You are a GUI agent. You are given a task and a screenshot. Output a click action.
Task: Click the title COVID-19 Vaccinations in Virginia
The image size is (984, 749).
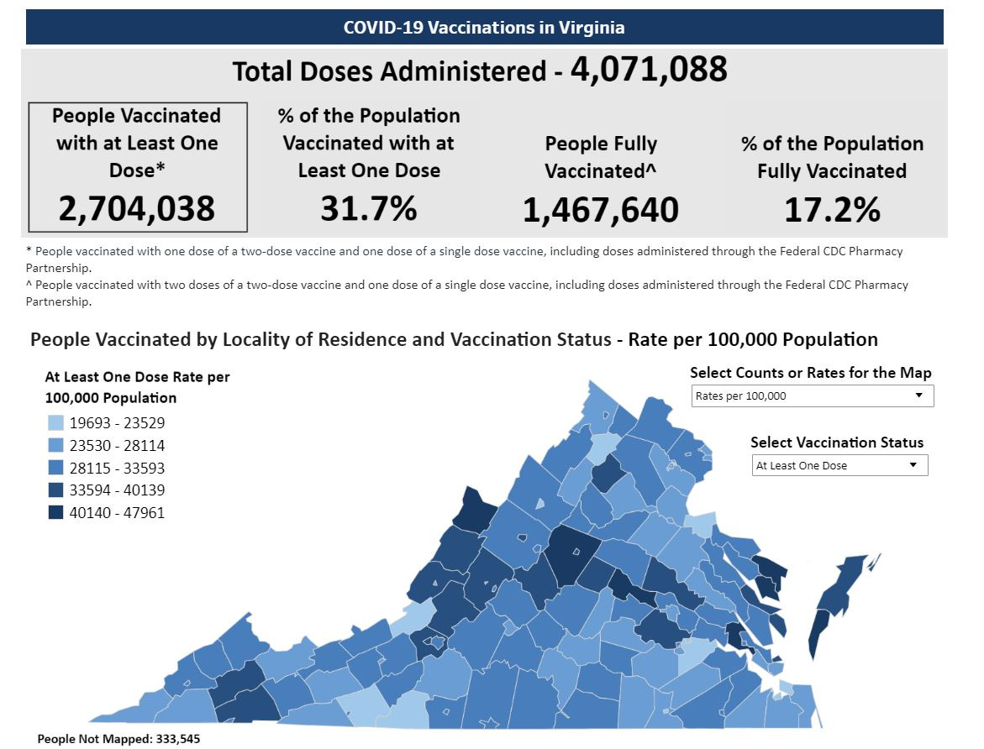tap(484, 28)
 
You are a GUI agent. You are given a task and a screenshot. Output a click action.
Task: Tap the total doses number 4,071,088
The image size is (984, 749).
tap(648, 70)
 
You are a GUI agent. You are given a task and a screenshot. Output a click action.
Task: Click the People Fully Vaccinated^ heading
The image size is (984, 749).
tap(600, 157)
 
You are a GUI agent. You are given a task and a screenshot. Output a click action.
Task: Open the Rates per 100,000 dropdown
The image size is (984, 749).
tap(812, 395)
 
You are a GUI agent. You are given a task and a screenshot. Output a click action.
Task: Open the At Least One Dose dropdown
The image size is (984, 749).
tap(839, 465)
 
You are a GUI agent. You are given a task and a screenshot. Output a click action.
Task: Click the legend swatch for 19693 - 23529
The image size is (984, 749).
tap(55, 423)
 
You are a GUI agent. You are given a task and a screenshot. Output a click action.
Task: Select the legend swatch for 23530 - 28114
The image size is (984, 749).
tap(55, 446)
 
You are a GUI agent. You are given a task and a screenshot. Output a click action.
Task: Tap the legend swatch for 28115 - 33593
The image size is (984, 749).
tap(55, 469)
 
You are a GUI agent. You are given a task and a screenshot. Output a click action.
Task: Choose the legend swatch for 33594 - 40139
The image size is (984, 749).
tap(55, 490)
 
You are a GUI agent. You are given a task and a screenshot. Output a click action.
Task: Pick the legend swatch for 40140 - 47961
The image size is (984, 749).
tap(55, 513)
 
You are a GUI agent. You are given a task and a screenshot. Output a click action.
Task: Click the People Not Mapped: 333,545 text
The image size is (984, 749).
tap(119, 739)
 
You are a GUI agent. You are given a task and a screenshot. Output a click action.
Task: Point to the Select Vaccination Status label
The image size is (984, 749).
tap(836, 443)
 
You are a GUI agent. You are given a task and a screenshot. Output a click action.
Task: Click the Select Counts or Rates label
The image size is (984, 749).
tap(810, 373)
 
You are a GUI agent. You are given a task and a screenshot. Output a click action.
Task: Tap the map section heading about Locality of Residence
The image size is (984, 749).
tap(454, 340)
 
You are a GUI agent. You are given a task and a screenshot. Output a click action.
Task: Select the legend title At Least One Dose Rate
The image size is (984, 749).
tap(137, 387)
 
